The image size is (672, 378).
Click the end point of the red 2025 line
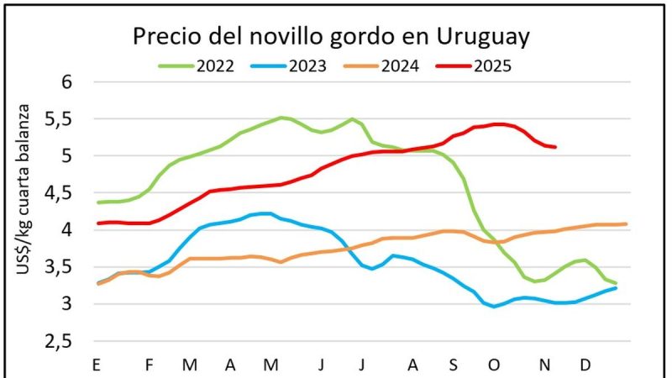point(555,147)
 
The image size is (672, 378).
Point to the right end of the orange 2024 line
point(626,224)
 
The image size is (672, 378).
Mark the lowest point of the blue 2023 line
point(495,307)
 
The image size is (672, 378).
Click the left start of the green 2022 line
point(99,202)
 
